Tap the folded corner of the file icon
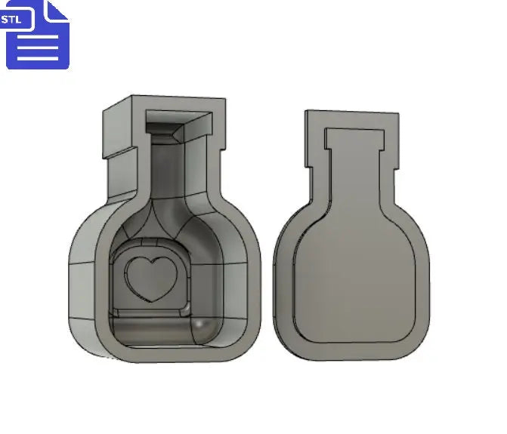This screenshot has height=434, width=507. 57,11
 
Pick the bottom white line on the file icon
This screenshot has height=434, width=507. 37,57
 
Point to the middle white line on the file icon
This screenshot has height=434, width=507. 37,48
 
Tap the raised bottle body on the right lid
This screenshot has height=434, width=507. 351,279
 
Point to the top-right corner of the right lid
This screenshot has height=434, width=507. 397,118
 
